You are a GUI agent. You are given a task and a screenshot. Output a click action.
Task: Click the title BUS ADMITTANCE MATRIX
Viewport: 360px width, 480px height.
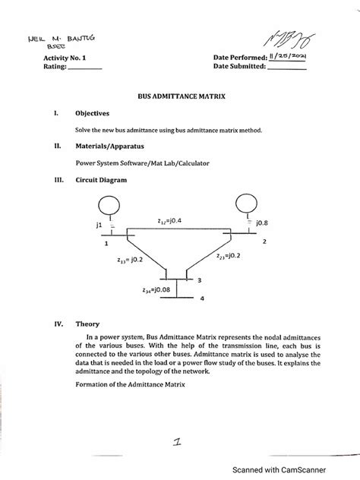pyautogui.click(x=180, y=98)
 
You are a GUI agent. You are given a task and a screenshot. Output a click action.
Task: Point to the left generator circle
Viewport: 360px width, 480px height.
pyautogui.click(x=111, y=207)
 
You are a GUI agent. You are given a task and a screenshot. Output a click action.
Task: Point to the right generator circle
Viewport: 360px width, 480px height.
pyautogui.click(x=248, y=204)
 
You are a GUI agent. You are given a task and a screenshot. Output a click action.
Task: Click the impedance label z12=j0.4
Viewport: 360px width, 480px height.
pyautogui.click(x=169, y=221)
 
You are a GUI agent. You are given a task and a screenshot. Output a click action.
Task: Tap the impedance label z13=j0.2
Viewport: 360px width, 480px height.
pyautogui.click(x=131, y=260)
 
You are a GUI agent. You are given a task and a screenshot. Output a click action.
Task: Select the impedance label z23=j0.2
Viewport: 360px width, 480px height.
pyautogui.click(x=229, y=257)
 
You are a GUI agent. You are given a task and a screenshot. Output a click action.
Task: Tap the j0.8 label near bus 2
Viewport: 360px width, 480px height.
pyautogui.click(x=263, y=223)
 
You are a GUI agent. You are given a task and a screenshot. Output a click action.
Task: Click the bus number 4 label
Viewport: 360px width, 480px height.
pyautogui.click(x=202, y=298)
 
